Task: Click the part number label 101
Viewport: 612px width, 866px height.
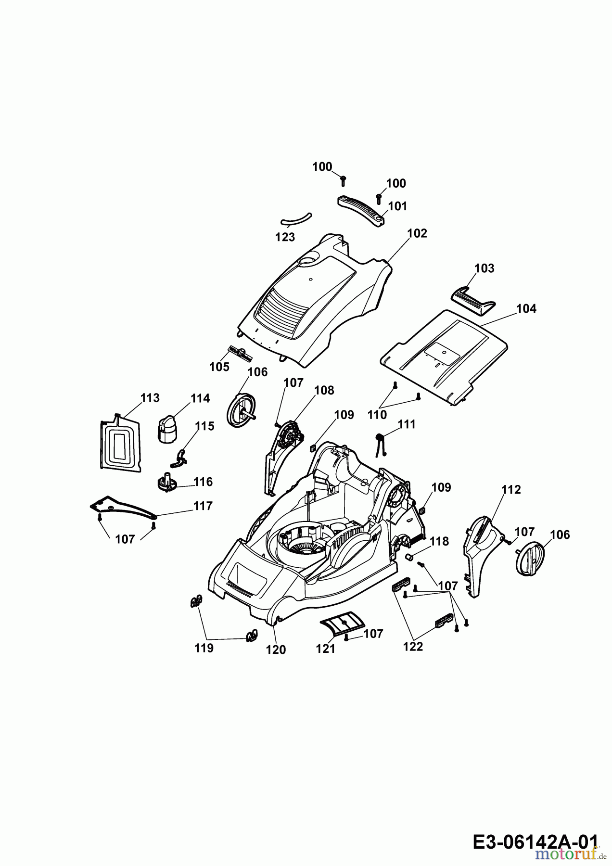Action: (397, 206)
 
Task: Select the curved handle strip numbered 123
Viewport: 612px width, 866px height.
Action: (296, 219)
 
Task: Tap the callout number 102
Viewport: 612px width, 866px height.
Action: (417, 233)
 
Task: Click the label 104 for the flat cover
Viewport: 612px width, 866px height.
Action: (526, 308)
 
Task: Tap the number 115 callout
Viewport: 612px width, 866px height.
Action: (204, 426)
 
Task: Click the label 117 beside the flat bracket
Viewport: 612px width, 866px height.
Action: (203, 506)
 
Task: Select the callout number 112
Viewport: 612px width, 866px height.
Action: (511, 490)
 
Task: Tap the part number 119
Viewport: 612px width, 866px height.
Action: (204, 648)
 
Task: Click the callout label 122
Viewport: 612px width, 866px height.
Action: (413, 647)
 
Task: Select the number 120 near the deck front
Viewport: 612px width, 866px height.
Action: (276, 650)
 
